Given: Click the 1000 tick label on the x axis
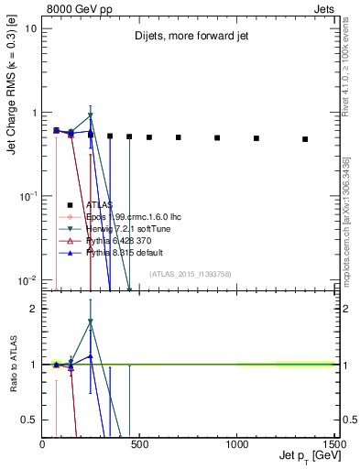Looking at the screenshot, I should coord(237,443).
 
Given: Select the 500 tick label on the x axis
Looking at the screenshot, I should coord(140,443).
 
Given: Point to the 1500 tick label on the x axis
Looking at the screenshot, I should coord(333,443).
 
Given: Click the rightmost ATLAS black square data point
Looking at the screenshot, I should coord(305,139).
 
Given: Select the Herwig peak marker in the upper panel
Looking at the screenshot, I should coord(90,116).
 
